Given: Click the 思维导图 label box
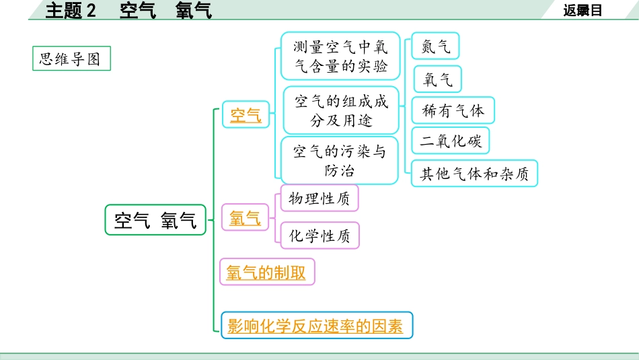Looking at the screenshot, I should [70, 59].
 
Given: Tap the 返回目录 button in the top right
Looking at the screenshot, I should [582, 10].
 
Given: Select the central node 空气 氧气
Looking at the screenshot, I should [155, 219].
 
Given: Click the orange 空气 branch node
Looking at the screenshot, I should [246, 115].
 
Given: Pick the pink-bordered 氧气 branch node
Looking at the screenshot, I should [245, 217].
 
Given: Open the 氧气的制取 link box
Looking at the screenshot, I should [266, 273].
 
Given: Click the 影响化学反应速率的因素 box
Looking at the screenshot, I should [315, 326].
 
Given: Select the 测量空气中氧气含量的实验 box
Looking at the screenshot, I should [340, 57].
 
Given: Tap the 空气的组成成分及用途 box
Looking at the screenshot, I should [341, 110].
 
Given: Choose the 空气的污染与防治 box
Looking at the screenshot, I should [339, 161].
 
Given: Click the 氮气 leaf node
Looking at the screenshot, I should [437, 46].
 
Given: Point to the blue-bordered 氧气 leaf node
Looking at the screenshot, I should [437, 80].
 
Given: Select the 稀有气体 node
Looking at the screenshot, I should [453, 110].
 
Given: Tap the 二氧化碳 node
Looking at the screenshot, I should [451, 141].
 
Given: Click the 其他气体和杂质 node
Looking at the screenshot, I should [474, 174].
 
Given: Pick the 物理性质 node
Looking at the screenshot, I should [319, 199].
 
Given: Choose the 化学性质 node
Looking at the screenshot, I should [319, 236].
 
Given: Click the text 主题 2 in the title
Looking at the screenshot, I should [71, 10].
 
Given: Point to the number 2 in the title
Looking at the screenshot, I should [92, 10].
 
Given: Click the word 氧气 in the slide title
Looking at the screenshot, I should [193, 10].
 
